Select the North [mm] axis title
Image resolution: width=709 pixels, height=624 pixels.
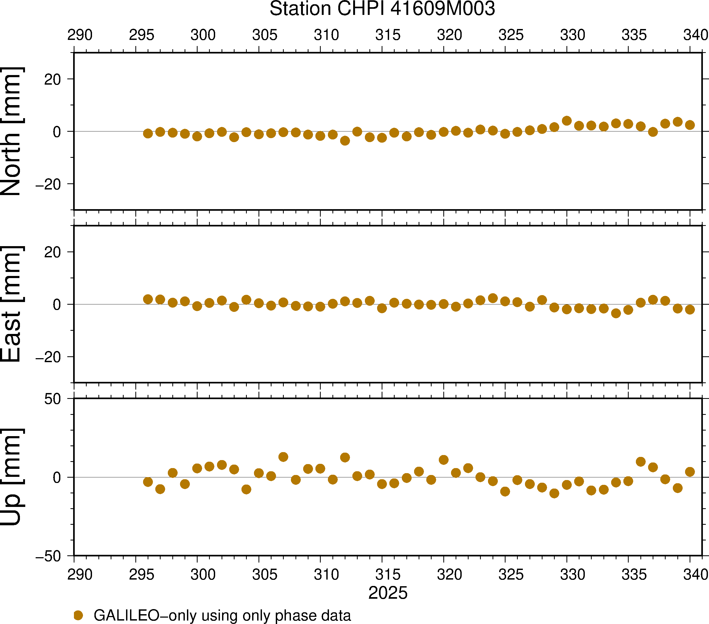[x=11, y=131]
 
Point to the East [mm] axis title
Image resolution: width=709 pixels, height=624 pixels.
[x=11, y=304]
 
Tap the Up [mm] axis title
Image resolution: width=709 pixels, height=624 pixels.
[x=11, y=477]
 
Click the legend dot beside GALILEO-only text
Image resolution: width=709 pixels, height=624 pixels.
[x=78, y=615]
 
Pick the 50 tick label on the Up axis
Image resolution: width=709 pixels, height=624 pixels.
[x=52, y=399]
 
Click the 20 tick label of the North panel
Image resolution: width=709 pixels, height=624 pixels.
[x=52, y=80]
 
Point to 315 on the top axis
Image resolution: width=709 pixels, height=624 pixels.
[x=388, y=35]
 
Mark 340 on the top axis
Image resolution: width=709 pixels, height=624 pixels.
[x=695, y=35]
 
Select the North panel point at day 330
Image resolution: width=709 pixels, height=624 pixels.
[x=567, y=121]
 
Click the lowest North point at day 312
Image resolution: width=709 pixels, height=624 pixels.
[x=345, y=140]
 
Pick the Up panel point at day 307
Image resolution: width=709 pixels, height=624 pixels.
[x=283, y=457]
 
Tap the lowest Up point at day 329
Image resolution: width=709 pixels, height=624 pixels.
[x=554, y=493]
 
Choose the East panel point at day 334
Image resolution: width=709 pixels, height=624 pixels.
[x=616, y=313]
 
